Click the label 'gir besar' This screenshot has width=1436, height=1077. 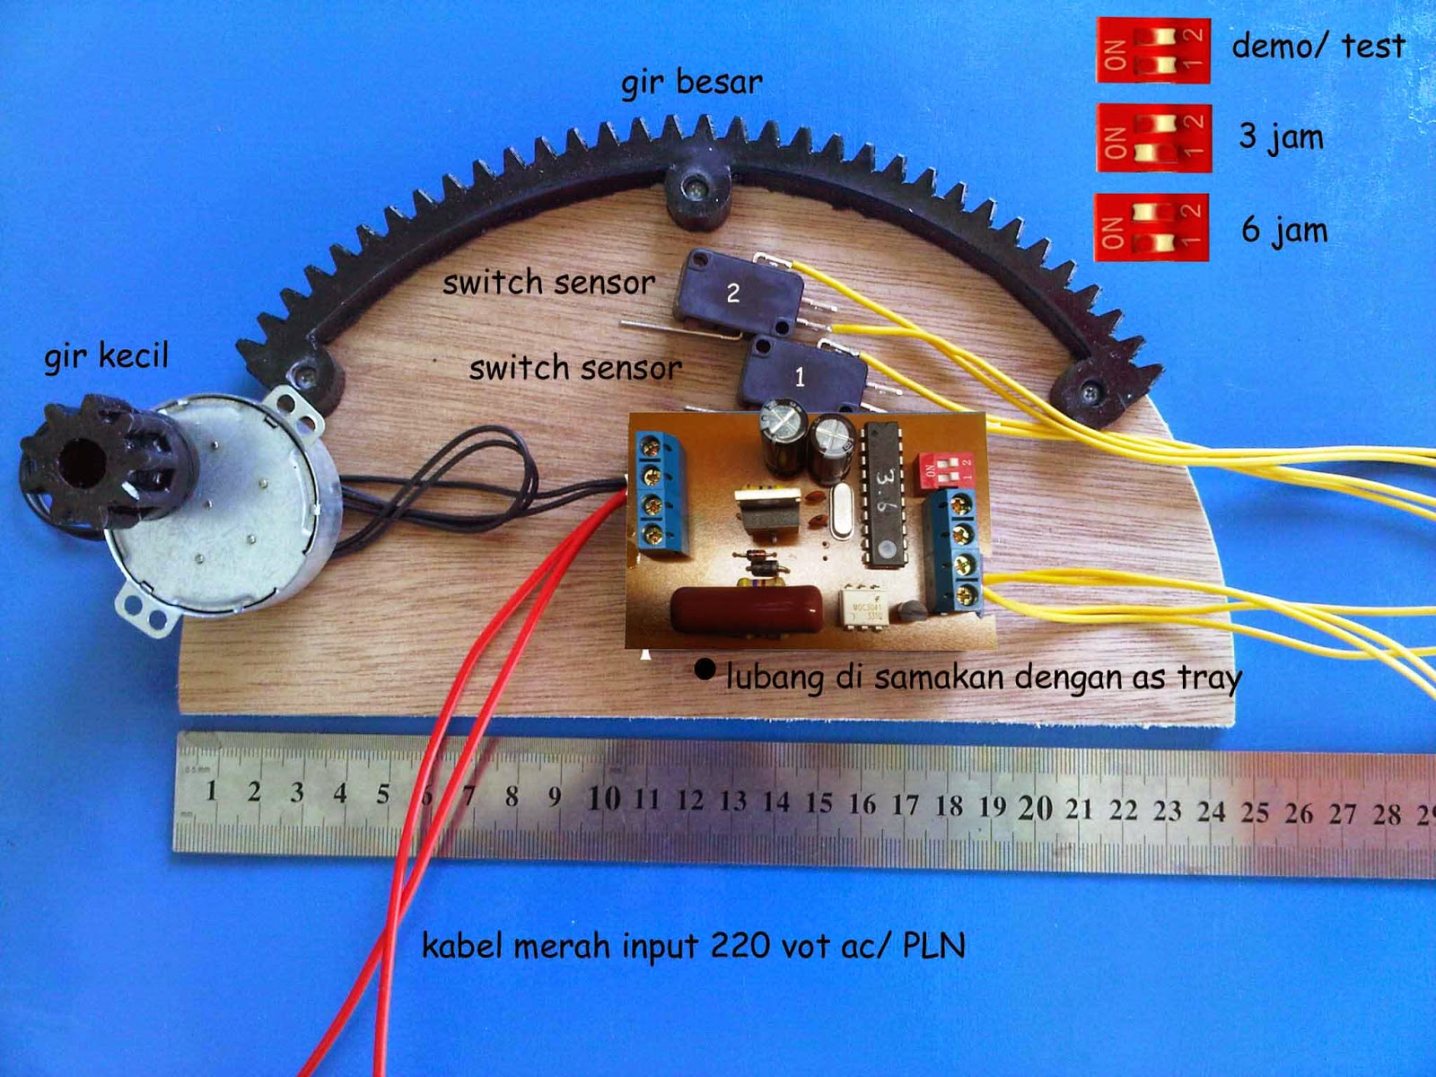point(691,83)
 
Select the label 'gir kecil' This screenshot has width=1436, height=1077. point(106,356)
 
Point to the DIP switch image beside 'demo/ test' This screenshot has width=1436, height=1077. point(1153,50)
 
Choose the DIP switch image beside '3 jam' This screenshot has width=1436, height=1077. point(1153,138)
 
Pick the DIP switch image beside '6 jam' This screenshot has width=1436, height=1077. point(1151,227)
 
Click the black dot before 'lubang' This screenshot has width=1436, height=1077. point(705,669)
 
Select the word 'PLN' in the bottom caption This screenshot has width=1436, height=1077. point(933,946)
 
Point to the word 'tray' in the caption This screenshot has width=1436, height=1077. point(1208,679)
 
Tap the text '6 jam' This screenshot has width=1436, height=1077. point(1283,231)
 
